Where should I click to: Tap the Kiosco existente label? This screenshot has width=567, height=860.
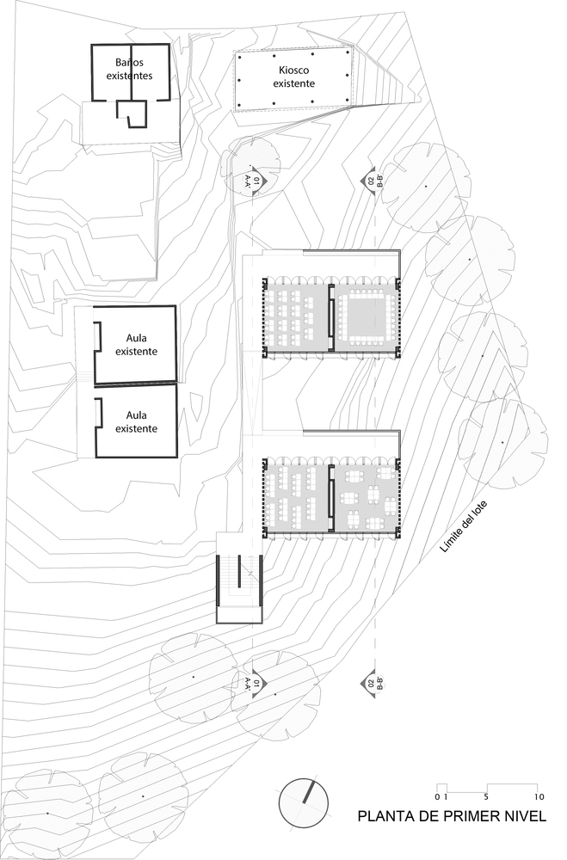(x=293, y=76)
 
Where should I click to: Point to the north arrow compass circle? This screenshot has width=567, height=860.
(x=305, y=803)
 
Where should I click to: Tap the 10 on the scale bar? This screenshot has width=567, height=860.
(x=538, y=796)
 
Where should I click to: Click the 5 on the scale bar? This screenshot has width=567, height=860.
(x=488, y=796)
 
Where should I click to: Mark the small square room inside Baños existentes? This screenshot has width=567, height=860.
(x=133, y=114)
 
